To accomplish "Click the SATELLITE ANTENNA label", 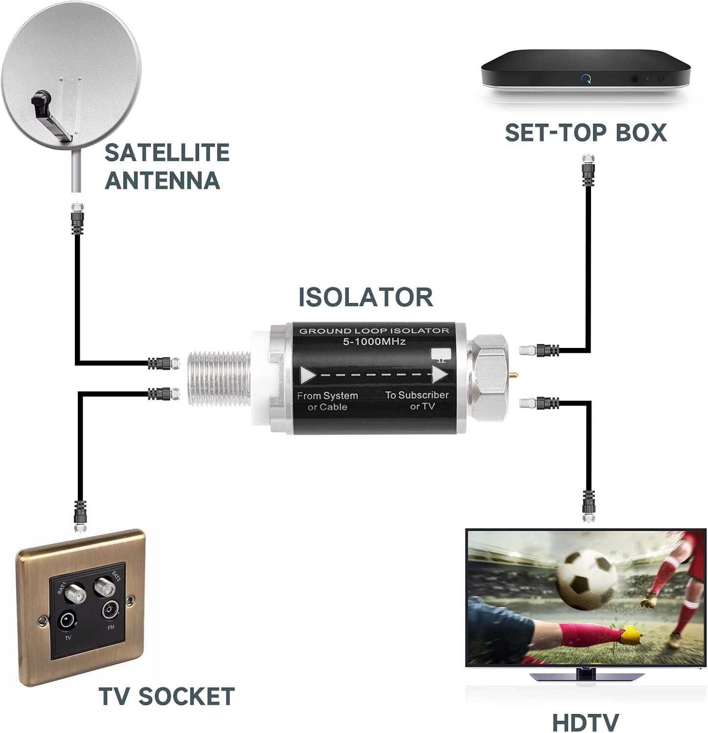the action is [167, 166].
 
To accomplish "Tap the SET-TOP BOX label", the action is [586, 133].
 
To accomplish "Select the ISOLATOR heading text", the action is [366, 297].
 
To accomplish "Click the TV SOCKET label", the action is [166, 695].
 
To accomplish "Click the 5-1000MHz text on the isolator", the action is [374, 342].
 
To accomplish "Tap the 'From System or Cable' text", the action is [327, 401].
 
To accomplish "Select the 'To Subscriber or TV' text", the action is [417, 400].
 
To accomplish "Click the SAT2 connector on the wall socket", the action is [104, 585].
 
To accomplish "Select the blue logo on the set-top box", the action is [586, 78].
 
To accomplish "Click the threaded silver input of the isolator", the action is [218, 377].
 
